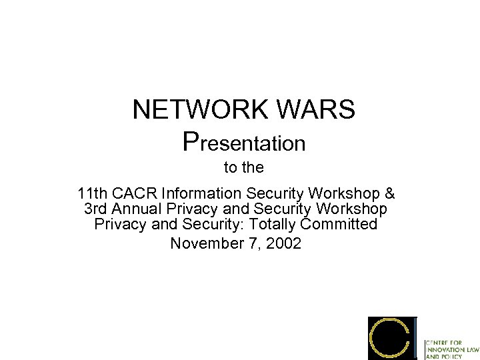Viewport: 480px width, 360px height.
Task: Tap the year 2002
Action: click(283, 244)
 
